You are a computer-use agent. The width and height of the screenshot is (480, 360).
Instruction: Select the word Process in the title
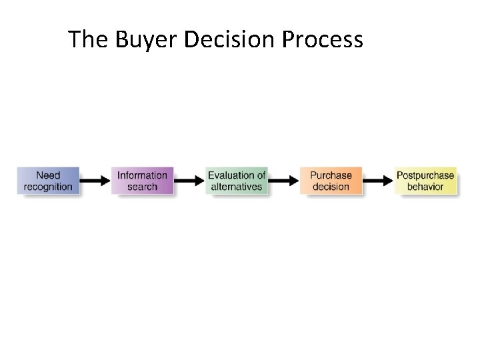click(323, 40)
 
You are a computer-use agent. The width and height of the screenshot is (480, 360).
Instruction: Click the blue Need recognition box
click(48, 181)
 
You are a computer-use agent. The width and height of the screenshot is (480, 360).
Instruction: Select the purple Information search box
click(142, 181)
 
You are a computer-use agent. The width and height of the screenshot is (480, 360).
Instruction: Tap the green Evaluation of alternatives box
click(237, 181)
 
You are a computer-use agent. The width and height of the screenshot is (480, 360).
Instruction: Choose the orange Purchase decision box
click(331, 181)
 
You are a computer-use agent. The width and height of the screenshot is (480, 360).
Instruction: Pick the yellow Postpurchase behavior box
click(425, 181)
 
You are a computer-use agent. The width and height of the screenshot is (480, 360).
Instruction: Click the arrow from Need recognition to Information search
click(95, 181)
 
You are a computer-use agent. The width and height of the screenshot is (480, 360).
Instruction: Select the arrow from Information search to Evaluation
click(189, 181)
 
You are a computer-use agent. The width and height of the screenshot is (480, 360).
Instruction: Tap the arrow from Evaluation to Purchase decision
click(284, 181)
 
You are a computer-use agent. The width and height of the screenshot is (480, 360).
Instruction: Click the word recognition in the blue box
click(48, 187)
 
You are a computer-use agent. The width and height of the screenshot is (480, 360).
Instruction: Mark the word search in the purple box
click(142, 187)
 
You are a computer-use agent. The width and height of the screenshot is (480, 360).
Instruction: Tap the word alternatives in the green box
click(237, 187)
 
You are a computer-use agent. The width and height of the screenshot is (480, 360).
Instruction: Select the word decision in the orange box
click(331, 187)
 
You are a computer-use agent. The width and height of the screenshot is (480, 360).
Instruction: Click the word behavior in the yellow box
click(425, 187)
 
